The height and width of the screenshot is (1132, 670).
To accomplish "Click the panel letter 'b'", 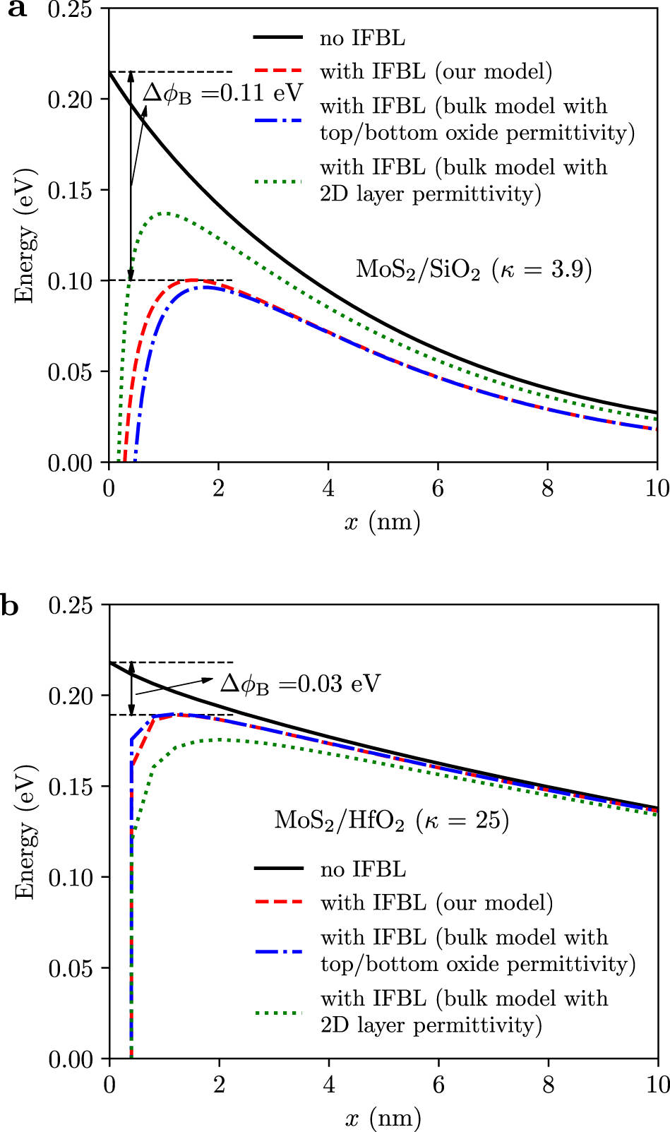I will [10, 606].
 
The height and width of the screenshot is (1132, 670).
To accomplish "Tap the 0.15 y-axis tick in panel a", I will [70, 191].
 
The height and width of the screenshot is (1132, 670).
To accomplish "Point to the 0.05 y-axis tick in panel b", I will [71, 969].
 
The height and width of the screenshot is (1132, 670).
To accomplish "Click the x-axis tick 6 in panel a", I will [438, 488].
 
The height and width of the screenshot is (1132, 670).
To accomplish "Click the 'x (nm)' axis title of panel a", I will [382, 523].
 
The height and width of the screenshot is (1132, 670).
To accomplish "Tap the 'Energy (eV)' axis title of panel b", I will [25, 831].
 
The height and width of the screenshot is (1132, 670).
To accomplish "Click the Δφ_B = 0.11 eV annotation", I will [222, 93].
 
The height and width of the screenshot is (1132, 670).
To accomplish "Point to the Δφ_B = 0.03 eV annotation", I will [300, 684].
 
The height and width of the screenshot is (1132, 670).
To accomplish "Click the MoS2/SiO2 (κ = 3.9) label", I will [473, 270].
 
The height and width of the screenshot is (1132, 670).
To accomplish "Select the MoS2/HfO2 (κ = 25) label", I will [391, 821].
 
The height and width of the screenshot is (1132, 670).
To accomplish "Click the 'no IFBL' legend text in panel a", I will [362, 37].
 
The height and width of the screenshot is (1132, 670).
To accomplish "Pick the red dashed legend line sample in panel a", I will [278, 71].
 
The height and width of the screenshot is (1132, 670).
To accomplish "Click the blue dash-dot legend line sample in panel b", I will [279, 951].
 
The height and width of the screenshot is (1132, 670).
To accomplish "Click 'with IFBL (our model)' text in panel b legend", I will [436, 903].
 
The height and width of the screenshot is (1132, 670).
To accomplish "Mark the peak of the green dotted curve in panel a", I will [166, 213].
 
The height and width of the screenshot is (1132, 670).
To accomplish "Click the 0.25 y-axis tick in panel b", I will [71, 606].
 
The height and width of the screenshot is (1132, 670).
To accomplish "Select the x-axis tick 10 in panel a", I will [657, 488].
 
